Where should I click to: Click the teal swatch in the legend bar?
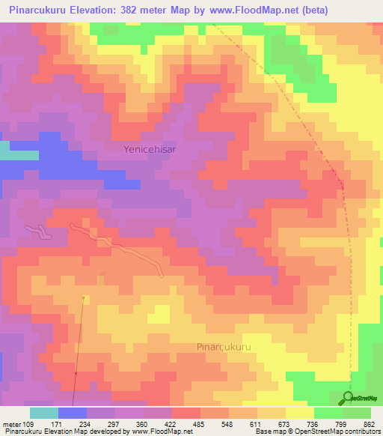click(44, 413)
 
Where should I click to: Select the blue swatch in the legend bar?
click(73, 413)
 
